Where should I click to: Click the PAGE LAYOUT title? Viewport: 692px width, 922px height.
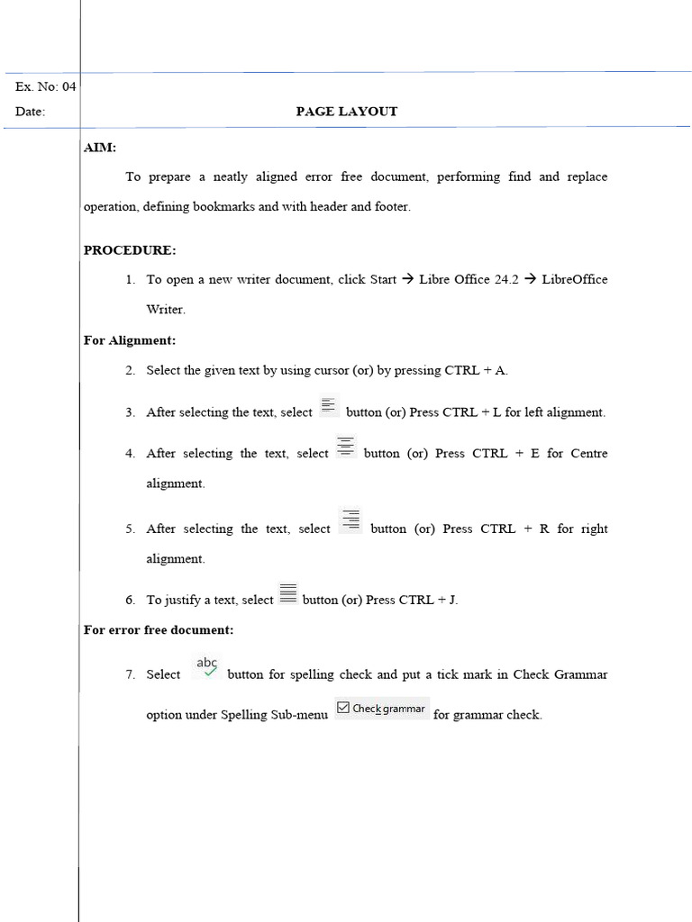(347, 112)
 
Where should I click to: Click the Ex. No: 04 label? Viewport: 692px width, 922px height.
(46, 87)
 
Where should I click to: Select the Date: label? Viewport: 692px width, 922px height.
(30, 113)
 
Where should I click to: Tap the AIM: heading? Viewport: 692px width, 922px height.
(100, 148)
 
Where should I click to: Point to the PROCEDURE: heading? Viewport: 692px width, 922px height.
(130, 250)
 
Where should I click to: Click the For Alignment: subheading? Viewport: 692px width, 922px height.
(130, 340)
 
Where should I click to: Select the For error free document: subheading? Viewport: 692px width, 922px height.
(159, 630)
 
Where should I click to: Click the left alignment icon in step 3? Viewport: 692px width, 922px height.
(329, 406)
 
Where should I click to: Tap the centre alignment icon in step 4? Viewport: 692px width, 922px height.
(346, 447)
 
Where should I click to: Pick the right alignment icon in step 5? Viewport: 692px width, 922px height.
(351, 520)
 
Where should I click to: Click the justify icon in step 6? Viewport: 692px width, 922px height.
(287, 593)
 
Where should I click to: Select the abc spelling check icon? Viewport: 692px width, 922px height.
(207, 667)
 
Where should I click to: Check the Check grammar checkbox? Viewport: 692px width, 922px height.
(343, 709)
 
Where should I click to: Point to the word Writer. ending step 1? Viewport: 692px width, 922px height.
(166, 310)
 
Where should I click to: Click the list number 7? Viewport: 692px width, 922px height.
(131, 674)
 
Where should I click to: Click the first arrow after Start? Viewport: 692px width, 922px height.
(407, 279)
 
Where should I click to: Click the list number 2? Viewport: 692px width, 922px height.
(131, 370)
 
